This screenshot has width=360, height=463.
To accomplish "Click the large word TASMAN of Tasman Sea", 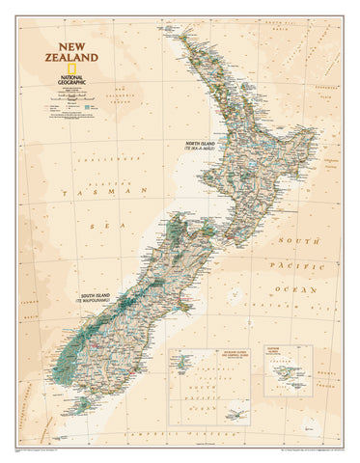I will [81, 194].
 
